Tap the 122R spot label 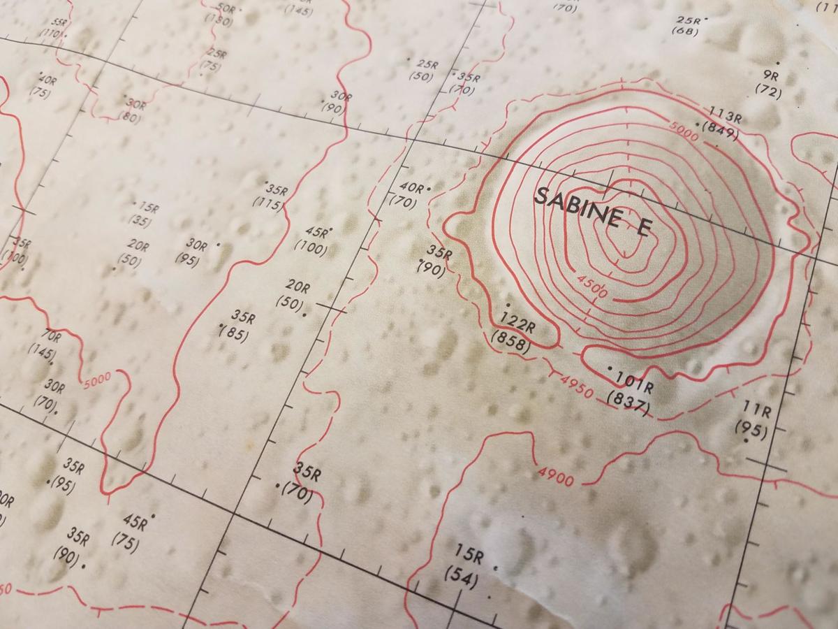point(517,324)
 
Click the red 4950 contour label point(576,386)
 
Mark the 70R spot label point(51,338)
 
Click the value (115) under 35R point(270,204)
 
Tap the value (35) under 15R point(140,221)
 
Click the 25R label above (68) point(688,20)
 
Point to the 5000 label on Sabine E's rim point(683,133)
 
